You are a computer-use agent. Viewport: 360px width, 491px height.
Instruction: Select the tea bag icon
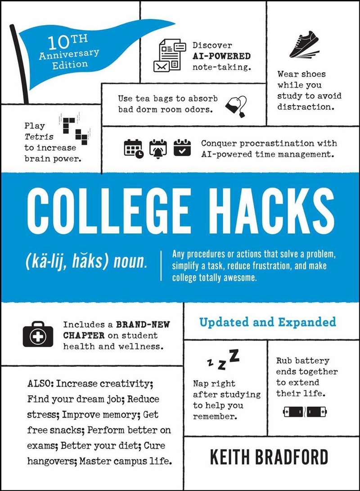coord(236,106)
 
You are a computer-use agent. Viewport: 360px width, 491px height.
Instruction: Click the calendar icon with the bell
coord(157,148)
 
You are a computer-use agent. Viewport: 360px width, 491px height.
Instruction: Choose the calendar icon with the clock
coord(133,148)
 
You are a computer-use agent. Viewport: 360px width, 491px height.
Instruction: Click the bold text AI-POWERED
coord(221,56)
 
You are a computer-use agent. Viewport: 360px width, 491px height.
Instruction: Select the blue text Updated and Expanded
coord(267,322)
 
